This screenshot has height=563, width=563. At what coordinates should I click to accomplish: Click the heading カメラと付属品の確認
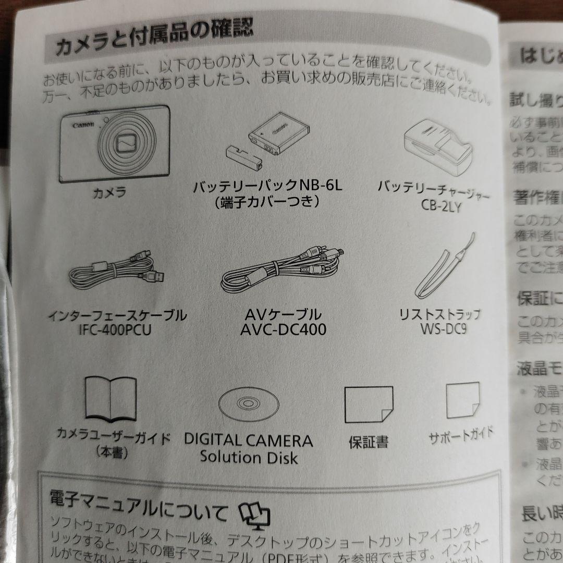[154, 39]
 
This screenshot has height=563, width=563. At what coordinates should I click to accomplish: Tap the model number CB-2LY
[441, 206]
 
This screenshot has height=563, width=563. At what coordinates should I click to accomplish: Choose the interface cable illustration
[118, 274]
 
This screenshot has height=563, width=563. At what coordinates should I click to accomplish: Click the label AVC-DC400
[283, 329]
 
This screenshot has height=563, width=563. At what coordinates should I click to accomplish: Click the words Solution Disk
[249, 458]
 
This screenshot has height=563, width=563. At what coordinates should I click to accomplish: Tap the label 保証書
[368, 442]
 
